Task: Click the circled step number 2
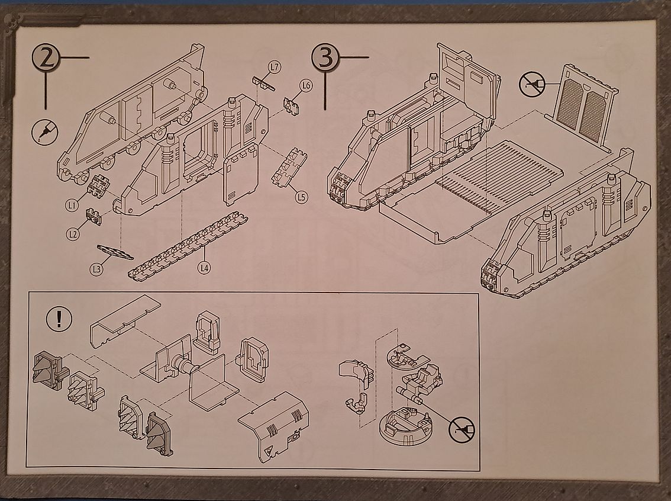coord(46,59)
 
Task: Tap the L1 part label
coord(72,205)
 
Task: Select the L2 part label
coord(72,235)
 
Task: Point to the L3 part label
coord(96,269)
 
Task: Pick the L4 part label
coord(204,268)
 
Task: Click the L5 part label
coord(302,197)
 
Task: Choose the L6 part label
coord(305,86)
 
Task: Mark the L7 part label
coord(274,68)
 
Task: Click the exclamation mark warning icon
coord(59,320)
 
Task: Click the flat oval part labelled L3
coord(114,253)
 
